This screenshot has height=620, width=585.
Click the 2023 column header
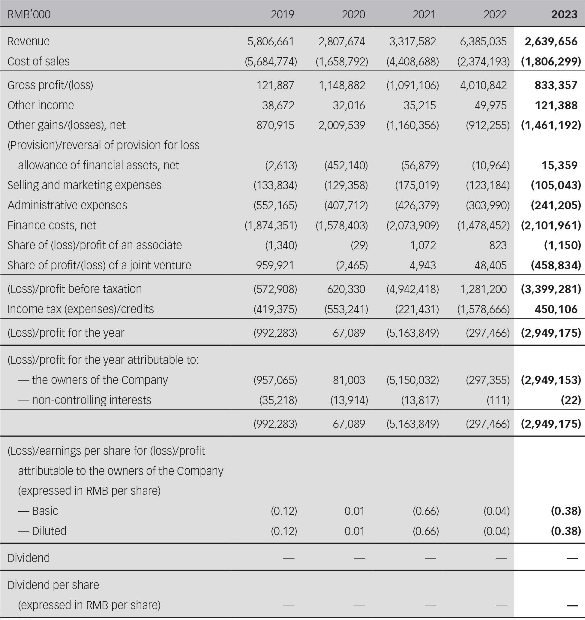click(564, 14)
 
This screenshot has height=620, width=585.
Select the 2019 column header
click(282, 14)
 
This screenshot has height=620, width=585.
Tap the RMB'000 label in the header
click(29, 14)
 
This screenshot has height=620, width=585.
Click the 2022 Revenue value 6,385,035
click(483, 41)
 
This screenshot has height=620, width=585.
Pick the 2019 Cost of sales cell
click(271, 62)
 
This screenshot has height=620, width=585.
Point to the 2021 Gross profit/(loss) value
click(412, 85)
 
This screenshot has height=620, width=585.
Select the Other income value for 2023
click(556, 105)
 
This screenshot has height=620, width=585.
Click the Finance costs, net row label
click(52, 225)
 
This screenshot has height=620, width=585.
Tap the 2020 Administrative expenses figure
click(346, 205)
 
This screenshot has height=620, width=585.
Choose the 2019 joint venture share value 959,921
click(275, 265)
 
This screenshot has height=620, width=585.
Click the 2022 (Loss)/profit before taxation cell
click(483, 289)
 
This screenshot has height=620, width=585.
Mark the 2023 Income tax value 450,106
click(556, 309)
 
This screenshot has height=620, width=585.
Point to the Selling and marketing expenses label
click(85, 185)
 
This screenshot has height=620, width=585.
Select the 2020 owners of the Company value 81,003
click(349, 380)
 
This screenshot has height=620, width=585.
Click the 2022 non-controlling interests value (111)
click(498, 400)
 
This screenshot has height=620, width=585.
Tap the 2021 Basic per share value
click(426, 511)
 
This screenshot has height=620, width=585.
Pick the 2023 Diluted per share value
click(566, 531)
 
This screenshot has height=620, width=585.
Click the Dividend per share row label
click(53, 585)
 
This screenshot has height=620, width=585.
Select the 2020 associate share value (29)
click(359, 245)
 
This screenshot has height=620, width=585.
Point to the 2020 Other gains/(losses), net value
click(341, 125)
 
